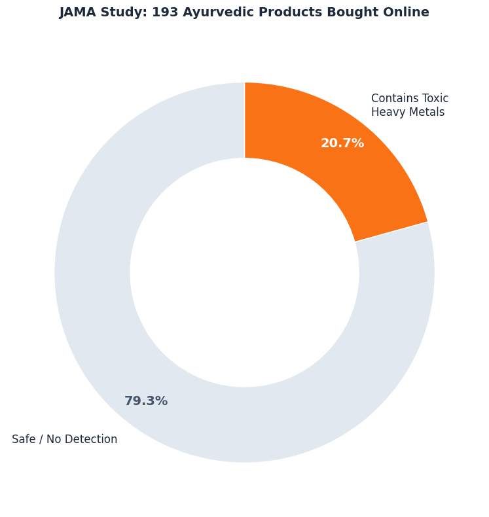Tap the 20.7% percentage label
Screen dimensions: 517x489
pos(342,143)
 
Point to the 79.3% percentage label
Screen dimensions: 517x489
pos(146,401)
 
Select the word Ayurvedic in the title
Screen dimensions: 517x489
pos(213,12)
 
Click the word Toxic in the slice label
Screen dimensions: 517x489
pos(434,98)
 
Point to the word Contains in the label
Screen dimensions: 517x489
pos(394,98)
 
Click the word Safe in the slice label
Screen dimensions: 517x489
pos(22,440)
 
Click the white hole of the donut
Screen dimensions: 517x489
pos(244,272)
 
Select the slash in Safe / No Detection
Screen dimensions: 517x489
pos(40,440)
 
